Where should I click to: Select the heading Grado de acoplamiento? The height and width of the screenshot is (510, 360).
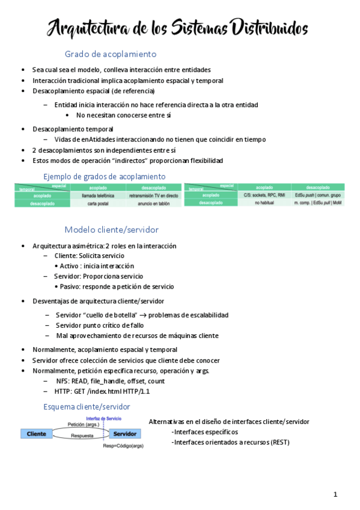click(x=111, y=54)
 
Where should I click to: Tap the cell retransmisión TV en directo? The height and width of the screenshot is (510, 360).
click(x=153, y=195)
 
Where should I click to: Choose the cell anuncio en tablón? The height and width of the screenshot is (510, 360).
click(x=153, y=204)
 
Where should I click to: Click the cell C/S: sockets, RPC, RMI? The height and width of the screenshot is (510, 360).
click(x=264, y=195)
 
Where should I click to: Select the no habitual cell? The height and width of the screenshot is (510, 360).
click(x=264, y=203)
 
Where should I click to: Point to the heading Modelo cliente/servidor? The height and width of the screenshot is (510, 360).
click(x=111, y=230)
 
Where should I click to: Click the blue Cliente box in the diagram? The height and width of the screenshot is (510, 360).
click(x=37, y=434)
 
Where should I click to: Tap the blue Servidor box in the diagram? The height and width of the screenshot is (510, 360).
click(x=125, y=434)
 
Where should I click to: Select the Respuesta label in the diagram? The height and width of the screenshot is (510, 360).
click(x=82, y=435)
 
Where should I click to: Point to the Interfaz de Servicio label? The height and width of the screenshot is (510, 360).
click(x=104, y=418)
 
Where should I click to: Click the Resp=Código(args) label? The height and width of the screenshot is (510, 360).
click(x=123, y=446)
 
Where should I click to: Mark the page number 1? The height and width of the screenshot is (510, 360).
click(x=335, y=494)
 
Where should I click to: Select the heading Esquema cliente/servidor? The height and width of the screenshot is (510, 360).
click(x=87, y=407)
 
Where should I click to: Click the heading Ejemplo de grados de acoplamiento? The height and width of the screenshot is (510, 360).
click(x=105, y=176)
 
